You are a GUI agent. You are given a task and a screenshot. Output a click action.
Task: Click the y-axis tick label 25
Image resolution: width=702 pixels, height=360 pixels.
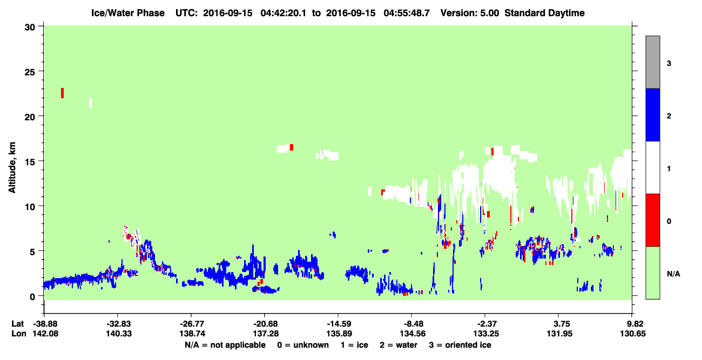coord(30,72)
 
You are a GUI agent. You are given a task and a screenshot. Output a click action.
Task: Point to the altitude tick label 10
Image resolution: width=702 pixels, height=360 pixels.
coord(30,207)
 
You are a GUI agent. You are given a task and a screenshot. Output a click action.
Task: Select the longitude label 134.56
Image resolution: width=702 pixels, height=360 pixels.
coord(413,334)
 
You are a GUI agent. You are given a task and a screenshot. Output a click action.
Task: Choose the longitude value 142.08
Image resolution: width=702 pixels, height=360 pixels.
coord(45,334)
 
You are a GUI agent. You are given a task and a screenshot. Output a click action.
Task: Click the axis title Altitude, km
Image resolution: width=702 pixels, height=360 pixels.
coord(12,168)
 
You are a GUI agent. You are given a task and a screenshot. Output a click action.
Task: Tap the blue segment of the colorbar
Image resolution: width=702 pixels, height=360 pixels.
coord(652,114)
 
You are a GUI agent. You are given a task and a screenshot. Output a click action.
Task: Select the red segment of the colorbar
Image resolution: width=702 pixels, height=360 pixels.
coord(652,220)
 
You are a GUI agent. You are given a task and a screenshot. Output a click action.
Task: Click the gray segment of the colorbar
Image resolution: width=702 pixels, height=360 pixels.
coord(652,62)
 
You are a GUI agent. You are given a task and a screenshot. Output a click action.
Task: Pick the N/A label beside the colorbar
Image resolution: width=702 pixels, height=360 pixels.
coord(673,274)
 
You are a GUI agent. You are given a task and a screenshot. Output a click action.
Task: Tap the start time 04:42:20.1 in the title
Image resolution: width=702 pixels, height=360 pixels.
coord(283,13)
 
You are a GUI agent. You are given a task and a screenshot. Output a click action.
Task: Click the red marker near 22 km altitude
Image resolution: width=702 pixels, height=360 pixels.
coord(62,93)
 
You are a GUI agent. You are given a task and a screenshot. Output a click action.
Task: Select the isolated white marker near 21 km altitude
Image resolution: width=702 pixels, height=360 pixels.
coord(91,103)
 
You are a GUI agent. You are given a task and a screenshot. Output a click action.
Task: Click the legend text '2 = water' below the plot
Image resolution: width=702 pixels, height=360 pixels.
coord(399,345)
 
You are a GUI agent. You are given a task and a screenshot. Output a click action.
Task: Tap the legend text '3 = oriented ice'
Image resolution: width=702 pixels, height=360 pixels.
coord(460,345)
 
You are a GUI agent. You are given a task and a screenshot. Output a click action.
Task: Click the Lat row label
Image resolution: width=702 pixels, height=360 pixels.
coord(18,324)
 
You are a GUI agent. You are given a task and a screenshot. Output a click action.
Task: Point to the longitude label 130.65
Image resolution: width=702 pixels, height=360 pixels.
coord(633,334)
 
